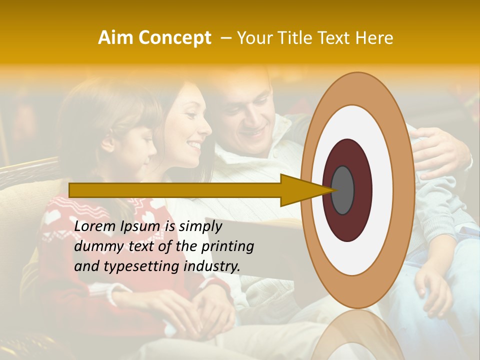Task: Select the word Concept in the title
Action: pos(175,38)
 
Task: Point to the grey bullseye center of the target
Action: pos(342,190)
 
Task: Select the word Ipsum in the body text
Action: pos(141,226)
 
